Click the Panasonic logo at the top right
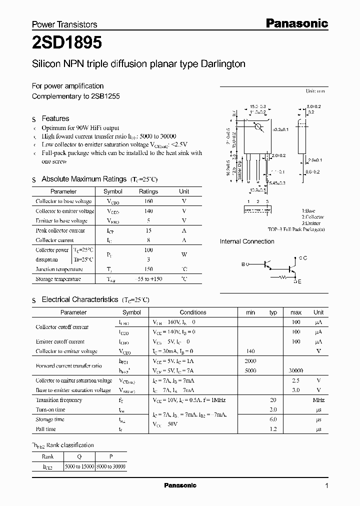pos(296,23)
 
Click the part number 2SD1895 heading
pos(67,44)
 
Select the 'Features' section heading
pos(55,118)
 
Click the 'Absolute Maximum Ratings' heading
pos(83,179)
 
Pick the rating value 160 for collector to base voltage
pos(148,201)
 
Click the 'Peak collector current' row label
pos(60,230)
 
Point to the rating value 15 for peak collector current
pos(148,230)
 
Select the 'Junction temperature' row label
pos(59,269)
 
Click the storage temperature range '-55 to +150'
pos(148,279)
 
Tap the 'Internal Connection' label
pos(247,241)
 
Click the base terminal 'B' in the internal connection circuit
pos(243,263)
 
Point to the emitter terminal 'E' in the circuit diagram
pos(299,282)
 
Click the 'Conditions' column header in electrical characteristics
pos(193,312)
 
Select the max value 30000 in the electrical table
pos(296,370)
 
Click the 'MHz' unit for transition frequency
pos(318,400)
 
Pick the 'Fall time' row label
pos(46,429)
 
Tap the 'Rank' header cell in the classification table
pos(48,456)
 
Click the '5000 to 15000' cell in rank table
pos(79,466)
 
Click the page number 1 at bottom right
pos(326,486)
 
